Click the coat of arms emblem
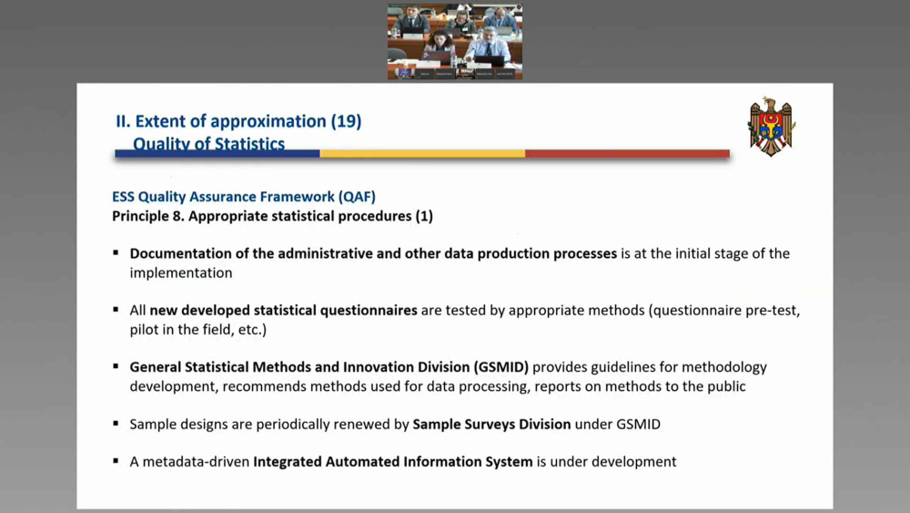772,127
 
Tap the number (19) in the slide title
346,121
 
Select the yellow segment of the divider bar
422,153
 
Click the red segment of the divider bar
627,153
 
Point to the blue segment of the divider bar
217,153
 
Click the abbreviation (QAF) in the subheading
357,197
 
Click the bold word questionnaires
369,310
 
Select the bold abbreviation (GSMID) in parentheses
501,367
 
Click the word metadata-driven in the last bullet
196,461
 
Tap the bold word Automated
362,461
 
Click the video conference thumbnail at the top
455,41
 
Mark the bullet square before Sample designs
116,424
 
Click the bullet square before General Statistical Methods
116,366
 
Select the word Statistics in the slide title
249,143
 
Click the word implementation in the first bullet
181,273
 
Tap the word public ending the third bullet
727,386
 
